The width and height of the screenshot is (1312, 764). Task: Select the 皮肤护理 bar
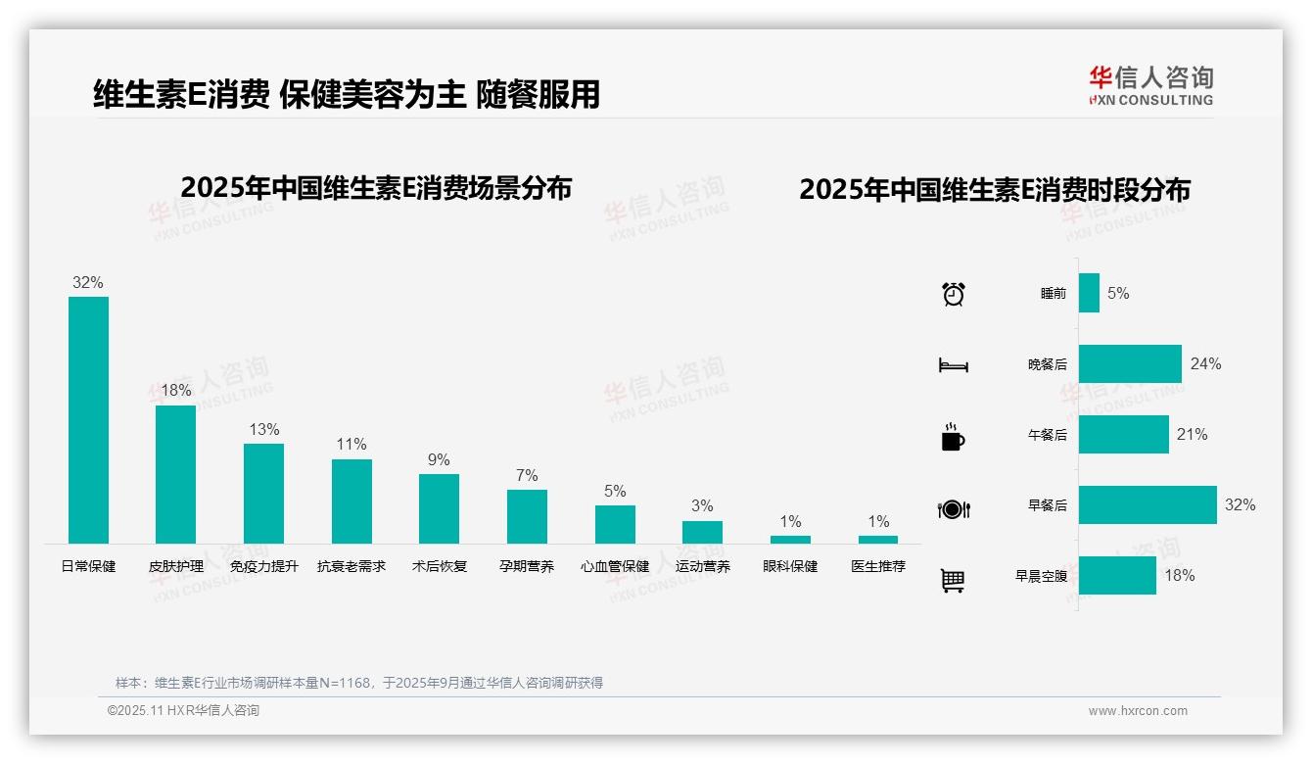pyautogui.click(x=175, y=474)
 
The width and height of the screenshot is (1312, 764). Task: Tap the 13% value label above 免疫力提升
pyautogui.click(x=264, y=429)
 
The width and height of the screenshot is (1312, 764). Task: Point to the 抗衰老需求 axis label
pyautogui.click(x=351, y=566)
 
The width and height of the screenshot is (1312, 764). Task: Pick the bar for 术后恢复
pyautogui.click(x=439, y=508)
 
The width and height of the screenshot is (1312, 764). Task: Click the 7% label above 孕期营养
pyautogui.click(x=527, y=475)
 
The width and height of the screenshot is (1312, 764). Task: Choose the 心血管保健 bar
pyautogui.click(x=615, y=524)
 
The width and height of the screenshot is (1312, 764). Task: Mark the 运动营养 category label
pyautogui.click(x=702, y=566)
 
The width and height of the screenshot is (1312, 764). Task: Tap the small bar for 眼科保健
pyautogui.click(x=790, y=539)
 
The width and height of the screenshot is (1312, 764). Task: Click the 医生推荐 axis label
pyautogui.click(x=878, y=566)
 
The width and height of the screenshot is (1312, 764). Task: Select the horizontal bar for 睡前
pyautogui.click(x=1089, y=293)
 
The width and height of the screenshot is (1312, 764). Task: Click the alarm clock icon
pyautogui.click(x=953, y=294)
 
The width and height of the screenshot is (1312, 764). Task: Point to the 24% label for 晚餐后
pyautogui.click(x=1205, y=363)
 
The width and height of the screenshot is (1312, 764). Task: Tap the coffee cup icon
pyautogui.click(x=953, y=437)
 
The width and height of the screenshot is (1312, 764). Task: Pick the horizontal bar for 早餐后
pyautogui.click(x=1148, y=504)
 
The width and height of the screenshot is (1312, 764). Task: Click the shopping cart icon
pyautogui.click(x=953, y=580)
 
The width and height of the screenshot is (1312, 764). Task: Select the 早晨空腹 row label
pyautogui.click(x=1041, y=576)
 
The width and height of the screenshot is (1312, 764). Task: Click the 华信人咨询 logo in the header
pyautogui.click(x=1150, y=85)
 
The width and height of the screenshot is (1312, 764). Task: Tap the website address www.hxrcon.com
pyautogui.click(x=1138, y=711)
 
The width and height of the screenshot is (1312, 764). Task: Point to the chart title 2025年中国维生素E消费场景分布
pyautogui.click(x=376, y=188)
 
